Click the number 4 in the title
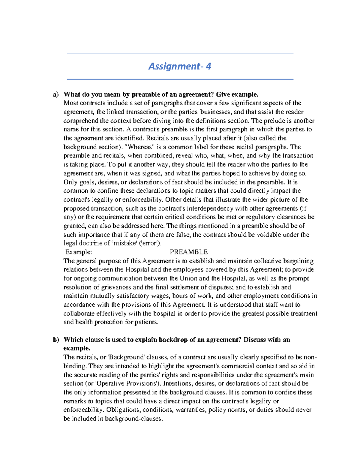coord(208,66)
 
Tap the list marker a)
coord(56,95)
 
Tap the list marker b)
coord(56,340)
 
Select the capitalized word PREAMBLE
coord(189,252)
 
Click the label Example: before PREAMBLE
coord(78,252)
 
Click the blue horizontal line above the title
coord(180,53)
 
